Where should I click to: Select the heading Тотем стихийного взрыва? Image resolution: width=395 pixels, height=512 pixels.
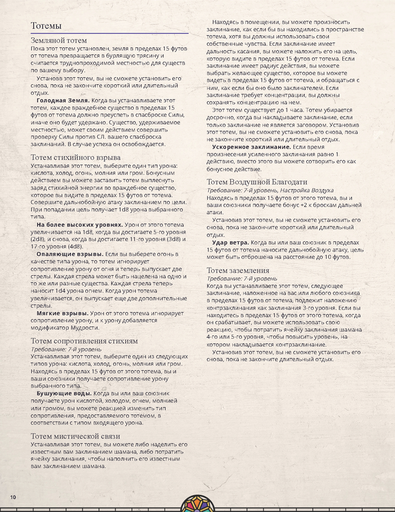pyautogui.click(x=75, y=157)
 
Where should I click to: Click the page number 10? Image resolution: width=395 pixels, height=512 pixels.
pyautogui.click(x=12, y=496)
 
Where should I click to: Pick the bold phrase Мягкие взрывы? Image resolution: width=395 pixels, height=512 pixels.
pyautogui.click(x=61, y=313)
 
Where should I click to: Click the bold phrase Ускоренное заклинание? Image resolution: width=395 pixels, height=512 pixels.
pyautogui.click(x=247, y=146)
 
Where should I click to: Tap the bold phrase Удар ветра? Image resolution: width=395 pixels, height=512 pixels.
pyautogui.click(x=230, y=242)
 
